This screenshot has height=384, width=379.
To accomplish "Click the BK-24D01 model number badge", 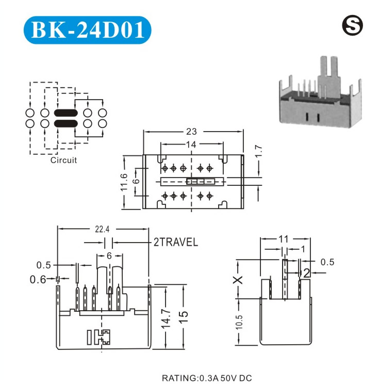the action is (87, 30).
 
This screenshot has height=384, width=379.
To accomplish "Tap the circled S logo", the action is (352, 25).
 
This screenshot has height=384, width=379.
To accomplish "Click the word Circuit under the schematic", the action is (63, 160).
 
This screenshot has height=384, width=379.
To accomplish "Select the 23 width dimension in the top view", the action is (191, 132).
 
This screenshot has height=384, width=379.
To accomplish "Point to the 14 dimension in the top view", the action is (191, 145).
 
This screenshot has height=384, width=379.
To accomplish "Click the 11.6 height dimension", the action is (124, 182).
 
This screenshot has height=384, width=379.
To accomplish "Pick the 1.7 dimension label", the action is (258, 151).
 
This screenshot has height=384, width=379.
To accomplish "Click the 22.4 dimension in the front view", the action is (102, 229).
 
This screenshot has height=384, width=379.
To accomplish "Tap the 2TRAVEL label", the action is (176, 242).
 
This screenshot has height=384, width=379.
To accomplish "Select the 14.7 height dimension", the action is (166, 318).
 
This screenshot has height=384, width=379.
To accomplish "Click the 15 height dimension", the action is (184, 317).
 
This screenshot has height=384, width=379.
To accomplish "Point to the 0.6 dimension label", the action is (38, 279).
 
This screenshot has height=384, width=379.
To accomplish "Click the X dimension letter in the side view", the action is (238, 280).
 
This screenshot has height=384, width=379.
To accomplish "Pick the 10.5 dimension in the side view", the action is (239, 322).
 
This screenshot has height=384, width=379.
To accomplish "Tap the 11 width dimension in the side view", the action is (284, 239).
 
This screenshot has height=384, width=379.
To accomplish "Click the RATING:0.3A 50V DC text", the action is (207, 378).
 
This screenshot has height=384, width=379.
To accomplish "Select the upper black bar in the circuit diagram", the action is (65, 113).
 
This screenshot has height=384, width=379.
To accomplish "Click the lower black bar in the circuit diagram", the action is (65, 124).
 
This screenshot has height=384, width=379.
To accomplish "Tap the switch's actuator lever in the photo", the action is (328, 76).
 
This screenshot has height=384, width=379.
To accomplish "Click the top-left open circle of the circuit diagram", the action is (30, 113).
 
